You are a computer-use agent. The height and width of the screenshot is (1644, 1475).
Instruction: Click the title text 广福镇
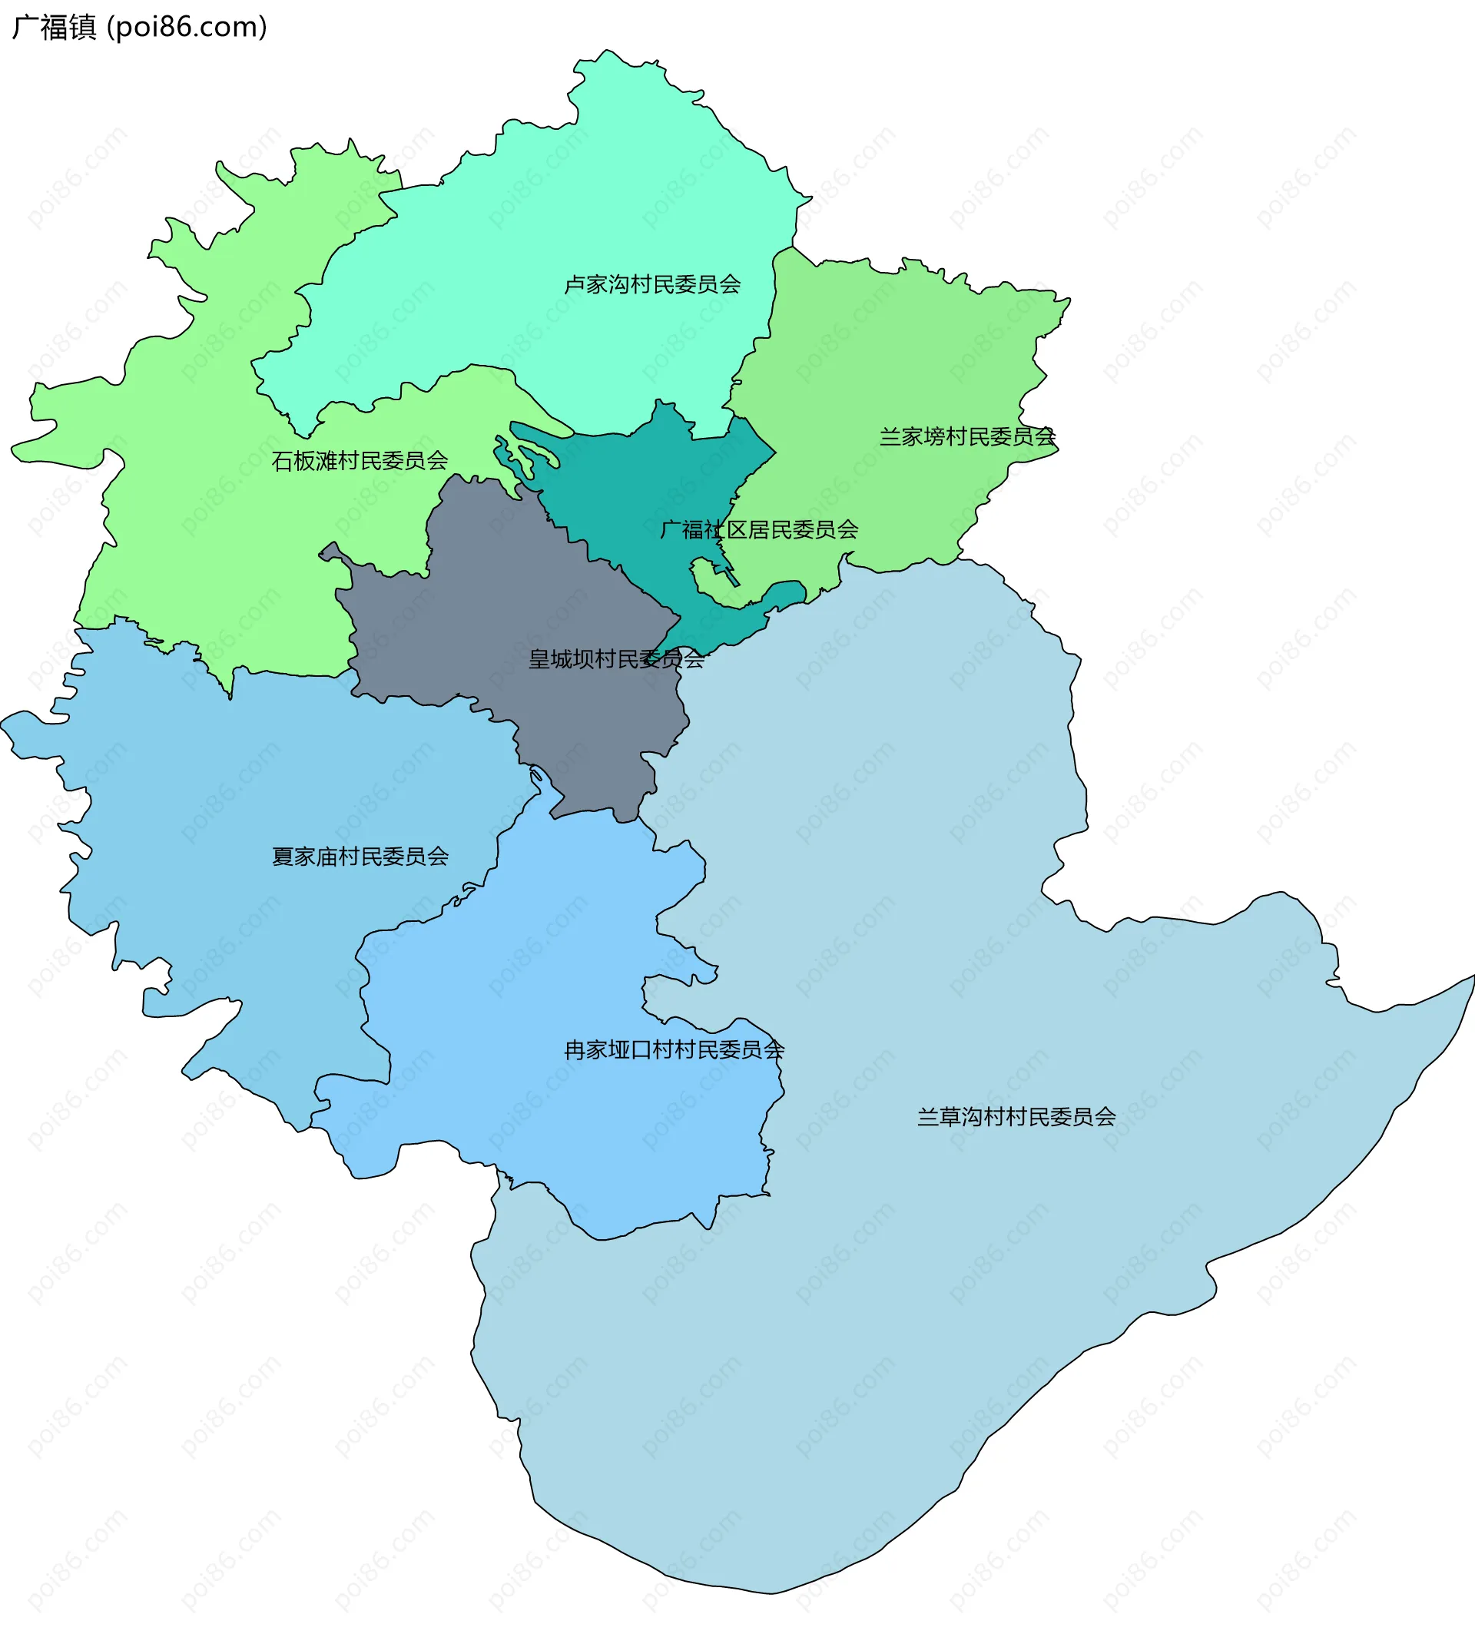click(x=55, y=28)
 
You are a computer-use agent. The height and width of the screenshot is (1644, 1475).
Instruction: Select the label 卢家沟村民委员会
click(x=652, y=284)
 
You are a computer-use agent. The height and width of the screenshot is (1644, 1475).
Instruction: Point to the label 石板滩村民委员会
click(x=360, y=461)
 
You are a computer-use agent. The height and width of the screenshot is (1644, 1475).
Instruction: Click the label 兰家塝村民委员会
click(x=968, y=436)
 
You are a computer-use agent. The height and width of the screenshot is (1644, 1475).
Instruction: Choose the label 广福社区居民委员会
click(x=758, y=530)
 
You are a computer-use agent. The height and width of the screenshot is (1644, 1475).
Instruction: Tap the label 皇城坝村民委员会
click(x=616, y=660)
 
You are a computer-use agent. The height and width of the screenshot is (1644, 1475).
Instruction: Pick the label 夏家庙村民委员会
click(x=360, y=857)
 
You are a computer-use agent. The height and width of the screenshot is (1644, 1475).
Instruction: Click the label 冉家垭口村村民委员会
click(x=674, y=1050)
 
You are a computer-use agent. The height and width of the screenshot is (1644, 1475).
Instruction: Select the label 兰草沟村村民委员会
click(x=1016, y=1117)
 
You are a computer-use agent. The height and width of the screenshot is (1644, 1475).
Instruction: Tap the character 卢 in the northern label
click(x=575, y=284)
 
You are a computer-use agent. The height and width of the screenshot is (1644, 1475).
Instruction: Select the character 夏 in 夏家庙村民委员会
click(x=282, y=857)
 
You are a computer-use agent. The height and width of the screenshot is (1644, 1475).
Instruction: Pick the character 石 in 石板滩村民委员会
click(x=282, y=461)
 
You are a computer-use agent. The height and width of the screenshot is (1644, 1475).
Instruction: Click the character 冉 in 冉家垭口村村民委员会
click(x=575, y=1050)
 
